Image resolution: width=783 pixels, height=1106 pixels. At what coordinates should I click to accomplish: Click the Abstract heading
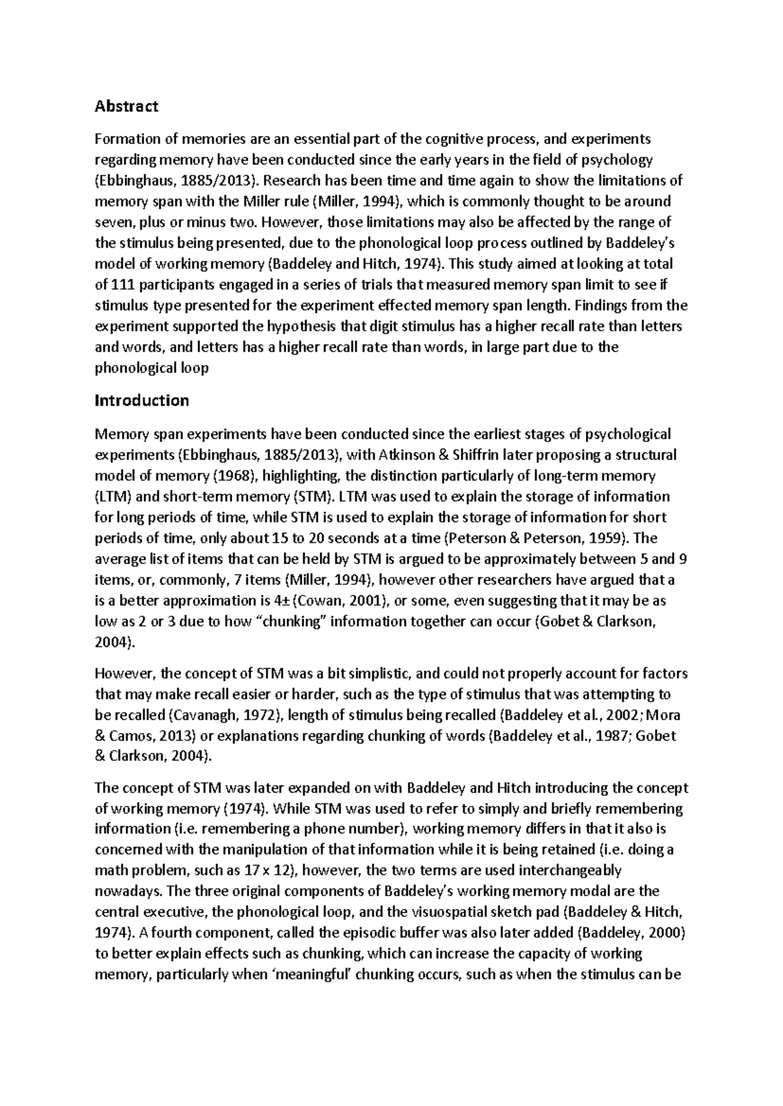tap(127, 106)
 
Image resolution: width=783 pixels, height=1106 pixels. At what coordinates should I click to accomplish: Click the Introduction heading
tap(142, 400)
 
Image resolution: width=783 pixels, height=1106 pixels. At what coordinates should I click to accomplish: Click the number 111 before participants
tap(123, 285)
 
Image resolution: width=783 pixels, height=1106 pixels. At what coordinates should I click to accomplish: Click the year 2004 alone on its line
tap(115, 642)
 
